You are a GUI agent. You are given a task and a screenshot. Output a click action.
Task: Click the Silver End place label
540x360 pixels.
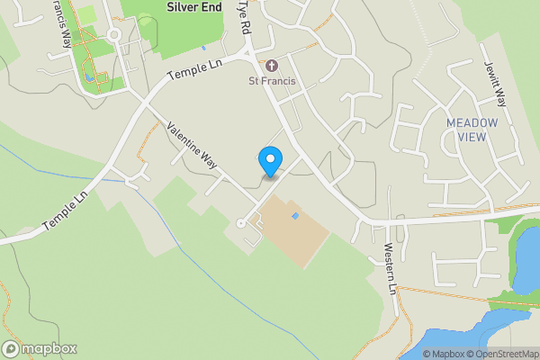pyautogui.click(x=193, y=6)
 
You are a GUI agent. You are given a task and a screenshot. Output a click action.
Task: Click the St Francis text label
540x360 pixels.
pyautogui.click(x=273, y=82)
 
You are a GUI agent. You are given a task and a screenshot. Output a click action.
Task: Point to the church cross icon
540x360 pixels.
pyautogui.click(x=273, y=65)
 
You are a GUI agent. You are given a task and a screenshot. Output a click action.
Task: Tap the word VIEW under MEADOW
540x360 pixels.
pyautogui.click(x=472, y=137)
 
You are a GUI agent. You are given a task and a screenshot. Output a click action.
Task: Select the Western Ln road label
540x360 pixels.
pyautogui.click(x=389, y=269)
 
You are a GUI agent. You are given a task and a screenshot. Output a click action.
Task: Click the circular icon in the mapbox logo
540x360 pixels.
pyautogui.click(x=11, y=349)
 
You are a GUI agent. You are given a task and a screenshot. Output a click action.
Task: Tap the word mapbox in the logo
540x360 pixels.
pyautogui.click(x=49, y=349)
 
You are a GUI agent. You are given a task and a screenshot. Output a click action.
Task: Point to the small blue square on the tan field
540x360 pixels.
pyautogui.click(x=294, y=216)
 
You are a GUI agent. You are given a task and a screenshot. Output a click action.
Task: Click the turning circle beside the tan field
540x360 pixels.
pyautogui.click(x=240, y=223)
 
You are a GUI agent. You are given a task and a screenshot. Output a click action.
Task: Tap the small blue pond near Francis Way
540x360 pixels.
pyautogui.click(x=88, y=77)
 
